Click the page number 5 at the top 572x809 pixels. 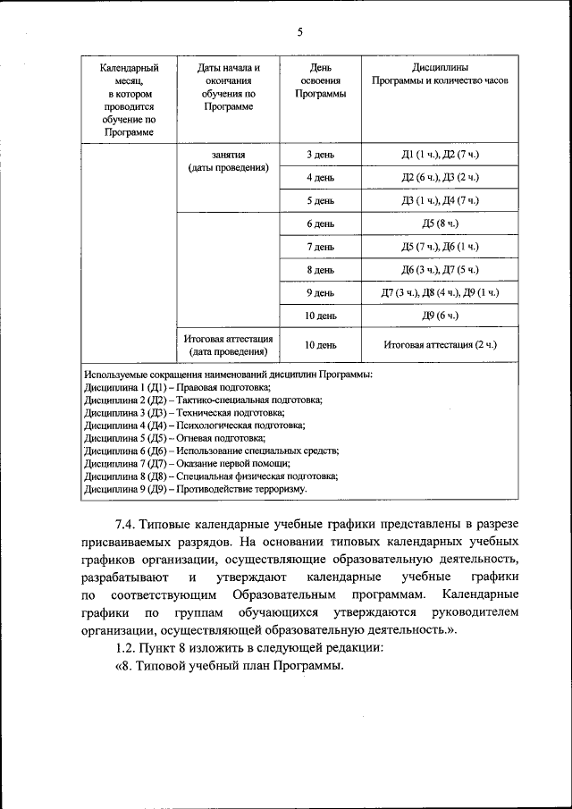[300, 32]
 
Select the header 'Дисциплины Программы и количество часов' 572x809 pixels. [440, 74]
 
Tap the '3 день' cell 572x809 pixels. [320, 156]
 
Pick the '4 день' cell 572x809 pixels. [320, 178]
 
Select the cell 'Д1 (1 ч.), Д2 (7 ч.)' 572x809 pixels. [440, 156]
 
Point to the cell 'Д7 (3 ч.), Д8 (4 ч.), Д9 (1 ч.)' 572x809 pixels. [440, 292]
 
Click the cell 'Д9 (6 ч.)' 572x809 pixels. [440, 316]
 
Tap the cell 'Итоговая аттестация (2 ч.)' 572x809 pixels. [440, 344]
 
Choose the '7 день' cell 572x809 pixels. [320, 247]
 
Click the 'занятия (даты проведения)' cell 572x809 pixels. [228, 161]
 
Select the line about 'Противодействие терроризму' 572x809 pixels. [195, 489]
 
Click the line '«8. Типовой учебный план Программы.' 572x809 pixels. [229, 670]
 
